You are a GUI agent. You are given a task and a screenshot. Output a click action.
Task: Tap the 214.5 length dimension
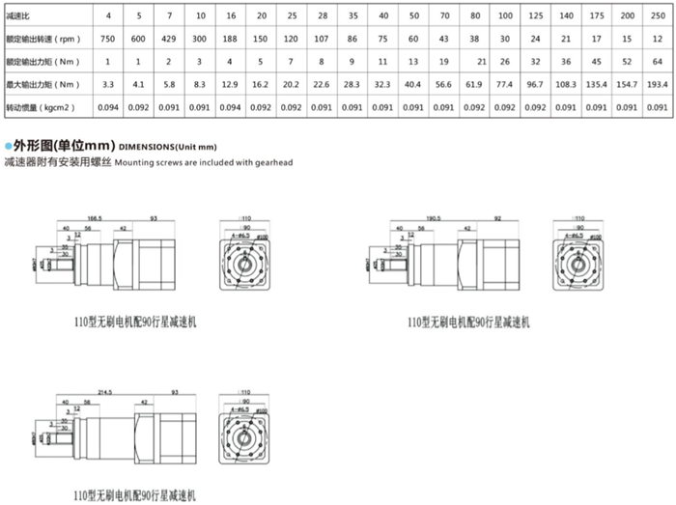94,391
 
